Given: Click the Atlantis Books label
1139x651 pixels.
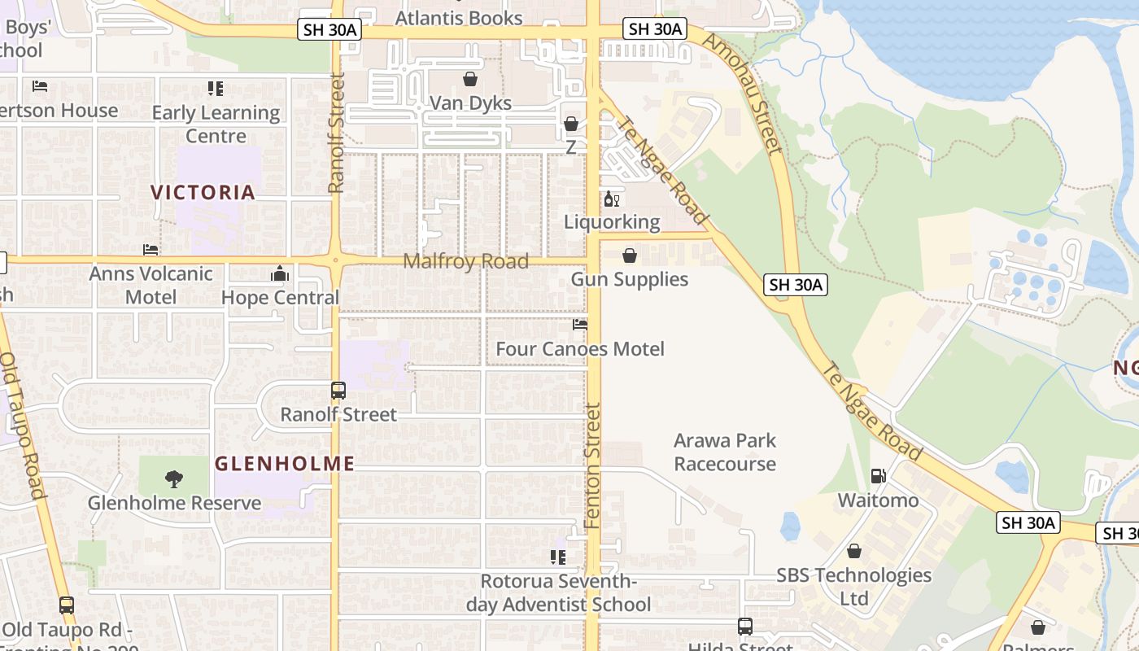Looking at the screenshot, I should (x=459, y=17).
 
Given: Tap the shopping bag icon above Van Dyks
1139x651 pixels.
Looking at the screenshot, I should (x=470, y=79).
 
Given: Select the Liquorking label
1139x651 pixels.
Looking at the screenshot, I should (x=612, y=221).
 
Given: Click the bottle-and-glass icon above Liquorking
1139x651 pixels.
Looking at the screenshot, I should (x=611, y=199).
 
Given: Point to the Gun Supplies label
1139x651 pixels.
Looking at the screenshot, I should (x=629, y=279).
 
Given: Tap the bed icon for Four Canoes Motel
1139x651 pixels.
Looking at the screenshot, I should (x=580, y=324).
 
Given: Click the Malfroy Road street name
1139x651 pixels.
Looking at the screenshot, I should (x=466, y=261).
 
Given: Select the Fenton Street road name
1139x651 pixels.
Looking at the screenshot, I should (x=592, y=465).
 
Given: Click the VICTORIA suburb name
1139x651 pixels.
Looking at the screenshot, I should (x=203, y=193).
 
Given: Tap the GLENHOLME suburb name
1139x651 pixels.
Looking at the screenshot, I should (x=285, y=464).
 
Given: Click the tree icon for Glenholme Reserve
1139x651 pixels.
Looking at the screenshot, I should (x=173, y=479).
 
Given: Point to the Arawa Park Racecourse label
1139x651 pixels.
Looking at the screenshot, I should (x=725, y=452).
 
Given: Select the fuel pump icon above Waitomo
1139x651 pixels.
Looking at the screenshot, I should (x=879, y=476).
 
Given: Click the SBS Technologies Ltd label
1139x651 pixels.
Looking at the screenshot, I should (x=853, y=587).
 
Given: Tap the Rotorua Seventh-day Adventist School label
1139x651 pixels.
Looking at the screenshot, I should (x=558, y=592).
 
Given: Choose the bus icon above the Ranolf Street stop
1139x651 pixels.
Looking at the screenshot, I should (x=338, y=391).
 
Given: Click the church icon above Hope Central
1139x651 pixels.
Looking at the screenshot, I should (x=280, y=273).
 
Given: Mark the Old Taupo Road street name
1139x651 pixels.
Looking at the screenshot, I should (x=22, y=423).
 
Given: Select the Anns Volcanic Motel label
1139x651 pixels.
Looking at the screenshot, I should (x=151, y=285).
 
